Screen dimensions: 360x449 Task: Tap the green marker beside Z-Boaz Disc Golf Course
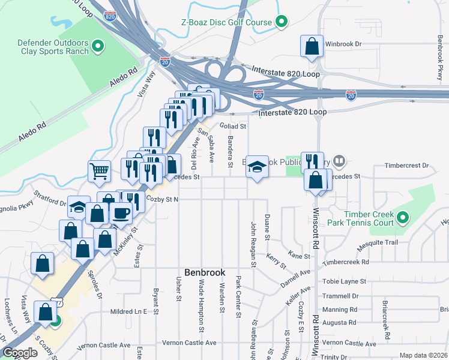(282, 22)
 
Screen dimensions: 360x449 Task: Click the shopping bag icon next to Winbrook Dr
(312, 47)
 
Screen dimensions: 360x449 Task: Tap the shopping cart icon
(99, 170)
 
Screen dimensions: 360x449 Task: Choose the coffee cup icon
(121, 213)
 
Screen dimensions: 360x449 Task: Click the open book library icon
(339, 161)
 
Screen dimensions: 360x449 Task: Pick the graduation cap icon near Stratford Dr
(79, 207)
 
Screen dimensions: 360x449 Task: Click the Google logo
(20, 353)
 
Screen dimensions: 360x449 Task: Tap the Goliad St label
(233, 127)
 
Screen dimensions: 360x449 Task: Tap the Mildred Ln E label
(130, 312)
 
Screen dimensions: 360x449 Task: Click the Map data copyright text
(423, 355)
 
